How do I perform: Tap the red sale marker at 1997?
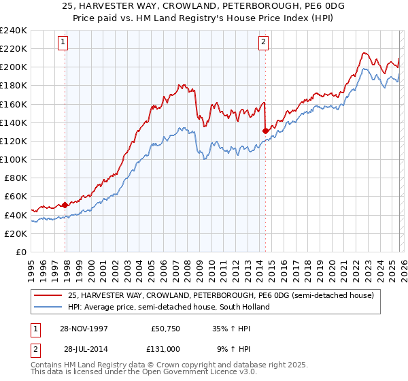pyautogui.click(x=65, y=205)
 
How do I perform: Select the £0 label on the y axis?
pyautogui.click(x=21, y=252)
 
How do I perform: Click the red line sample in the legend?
pyautogui.click(x=48, y=296)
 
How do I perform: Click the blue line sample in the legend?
pyautogui.click(x=48, y=307)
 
